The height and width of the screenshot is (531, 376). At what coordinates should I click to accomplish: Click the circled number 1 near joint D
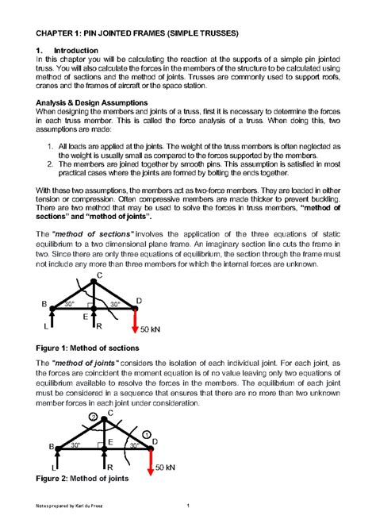(x=147, y=433)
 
